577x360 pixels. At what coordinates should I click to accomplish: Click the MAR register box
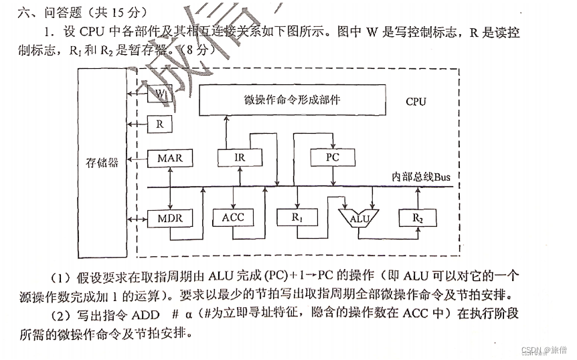169,159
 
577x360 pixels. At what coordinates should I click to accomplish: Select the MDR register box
169,218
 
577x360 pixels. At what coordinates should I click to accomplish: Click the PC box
333,158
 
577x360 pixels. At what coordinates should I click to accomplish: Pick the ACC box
232,217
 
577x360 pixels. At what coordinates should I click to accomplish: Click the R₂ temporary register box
418,217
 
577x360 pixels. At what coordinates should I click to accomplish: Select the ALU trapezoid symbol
359,217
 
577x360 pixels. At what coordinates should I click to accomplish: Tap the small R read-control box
159,124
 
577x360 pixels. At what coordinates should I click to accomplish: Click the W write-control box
159,94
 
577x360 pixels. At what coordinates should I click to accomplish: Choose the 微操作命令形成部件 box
293,100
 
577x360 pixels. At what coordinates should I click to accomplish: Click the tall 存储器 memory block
102,163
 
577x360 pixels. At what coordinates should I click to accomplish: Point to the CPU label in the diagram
416,102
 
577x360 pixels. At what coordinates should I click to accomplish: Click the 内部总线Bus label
422,177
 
